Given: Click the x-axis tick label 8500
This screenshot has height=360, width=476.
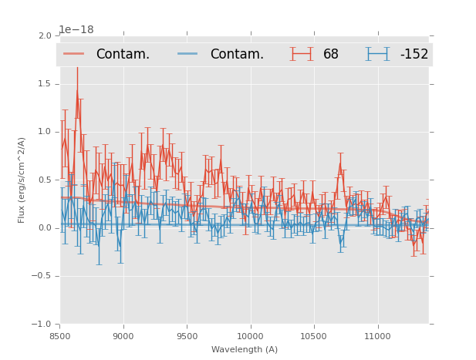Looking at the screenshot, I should pos(60,335).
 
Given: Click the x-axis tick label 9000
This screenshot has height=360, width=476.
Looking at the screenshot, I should pos(123,335).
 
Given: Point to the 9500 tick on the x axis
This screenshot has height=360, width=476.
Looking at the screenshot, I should pos(187,335).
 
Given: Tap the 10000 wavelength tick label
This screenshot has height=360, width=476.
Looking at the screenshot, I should pos(250,335).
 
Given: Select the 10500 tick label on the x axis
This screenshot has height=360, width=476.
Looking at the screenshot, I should pos(314,335).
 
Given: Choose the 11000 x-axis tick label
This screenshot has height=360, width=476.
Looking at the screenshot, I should pos(377,335).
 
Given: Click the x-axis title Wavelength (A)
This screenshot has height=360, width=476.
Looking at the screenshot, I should pos(245,349).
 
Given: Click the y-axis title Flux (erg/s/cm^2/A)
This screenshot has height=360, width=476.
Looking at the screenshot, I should pos(22,180).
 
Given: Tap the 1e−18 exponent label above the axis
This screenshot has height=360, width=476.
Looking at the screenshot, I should pos(76,30).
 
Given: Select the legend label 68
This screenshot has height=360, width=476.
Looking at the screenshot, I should pos(331,54).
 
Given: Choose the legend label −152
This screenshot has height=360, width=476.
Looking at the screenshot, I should pos(414,54).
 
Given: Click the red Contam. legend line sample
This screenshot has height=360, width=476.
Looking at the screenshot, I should pos(74,54).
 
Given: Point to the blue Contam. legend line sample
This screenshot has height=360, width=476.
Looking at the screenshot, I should pos(188,54).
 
